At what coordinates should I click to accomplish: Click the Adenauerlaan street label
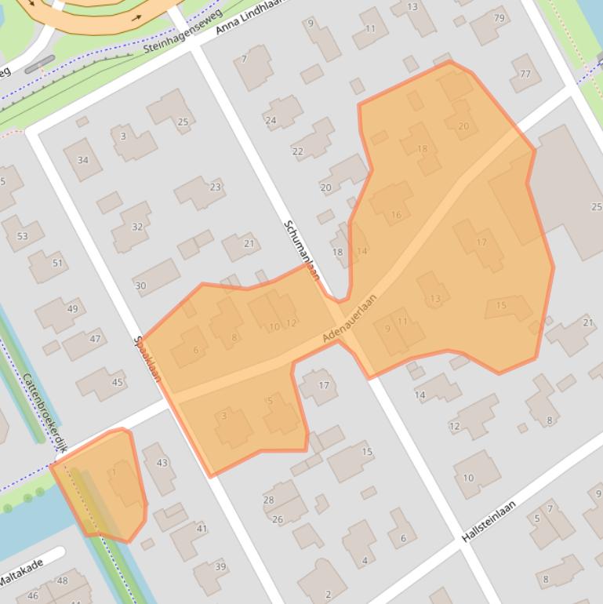tap(350, 318)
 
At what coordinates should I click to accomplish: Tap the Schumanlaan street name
tap(302, 249)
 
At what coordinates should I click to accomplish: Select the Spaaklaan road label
tap(147, 359)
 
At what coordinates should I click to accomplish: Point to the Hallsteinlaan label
tap(489, 522)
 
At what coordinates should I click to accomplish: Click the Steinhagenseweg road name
tap(180, 37)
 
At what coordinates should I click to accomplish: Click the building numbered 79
tap(499, 18)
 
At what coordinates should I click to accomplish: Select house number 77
tap(525, 75)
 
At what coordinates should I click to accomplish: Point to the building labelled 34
tap(82, 160)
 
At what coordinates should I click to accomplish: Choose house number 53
tap(22, 235)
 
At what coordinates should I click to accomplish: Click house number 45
tap(117, 382)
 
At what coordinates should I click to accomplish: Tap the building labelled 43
tap(162, 462)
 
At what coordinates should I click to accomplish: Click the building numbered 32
tap(137, 227)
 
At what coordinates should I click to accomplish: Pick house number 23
tap(215, 187)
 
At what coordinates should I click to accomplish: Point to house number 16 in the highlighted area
tap(395, 214)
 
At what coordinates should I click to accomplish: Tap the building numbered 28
tap(268, 500)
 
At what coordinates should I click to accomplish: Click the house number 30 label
tap(140, 286)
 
